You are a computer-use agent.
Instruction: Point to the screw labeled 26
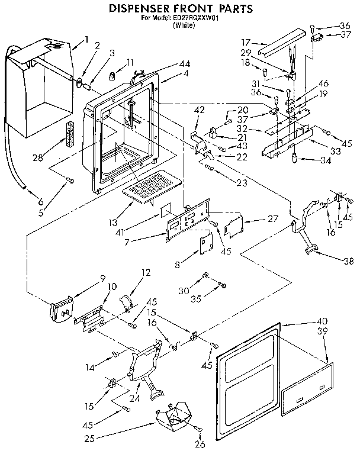pos(200,429)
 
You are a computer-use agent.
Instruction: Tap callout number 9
pos(86,278)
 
